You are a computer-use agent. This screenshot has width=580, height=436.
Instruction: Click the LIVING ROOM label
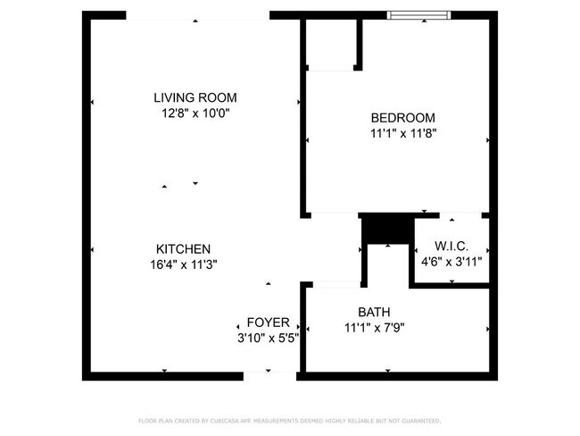coord(195,97)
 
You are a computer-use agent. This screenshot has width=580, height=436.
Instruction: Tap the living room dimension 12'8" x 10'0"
coord(195,113)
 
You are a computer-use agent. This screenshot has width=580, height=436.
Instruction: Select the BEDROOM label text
coord(402,118)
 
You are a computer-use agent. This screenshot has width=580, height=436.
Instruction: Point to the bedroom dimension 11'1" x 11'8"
coord(402,134)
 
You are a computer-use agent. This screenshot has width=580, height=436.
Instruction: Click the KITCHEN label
coord(183,248)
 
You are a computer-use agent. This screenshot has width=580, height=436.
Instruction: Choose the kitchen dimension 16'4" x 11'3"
coord(183,264)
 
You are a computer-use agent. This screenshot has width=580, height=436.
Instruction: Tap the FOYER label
coord(267,323)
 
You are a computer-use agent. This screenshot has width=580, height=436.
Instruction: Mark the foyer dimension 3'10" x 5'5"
coord(267,339)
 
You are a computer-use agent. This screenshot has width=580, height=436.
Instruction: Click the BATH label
coord(373,312)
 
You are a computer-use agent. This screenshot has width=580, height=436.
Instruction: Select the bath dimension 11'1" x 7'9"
coord(373,328)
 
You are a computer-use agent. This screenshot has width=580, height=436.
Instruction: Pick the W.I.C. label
coord(451,246)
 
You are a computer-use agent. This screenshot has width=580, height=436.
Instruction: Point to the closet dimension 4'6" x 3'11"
coord(451,262)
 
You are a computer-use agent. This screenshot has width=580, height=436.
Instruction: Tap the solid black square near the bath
coord(387,230)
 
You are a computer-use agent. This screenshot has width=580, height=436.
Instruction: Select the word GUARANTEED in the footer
coord(420,420)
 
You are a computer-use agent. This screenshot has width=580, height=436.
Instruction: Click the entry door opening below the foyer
coord(269,375)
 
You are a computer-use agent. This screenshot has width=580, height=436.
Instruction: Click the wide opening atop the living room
coord(197,15)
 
